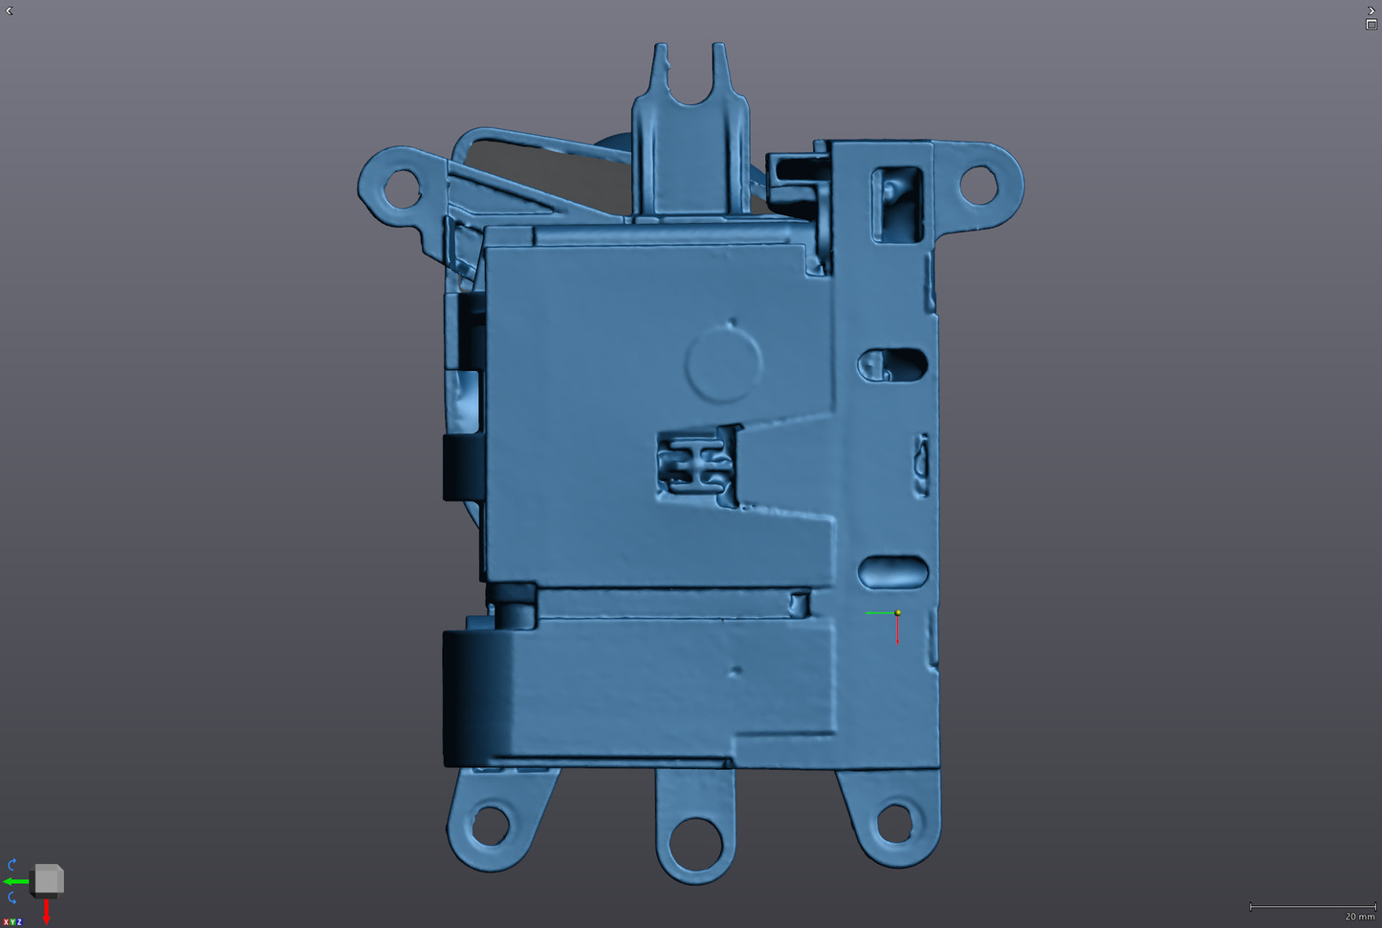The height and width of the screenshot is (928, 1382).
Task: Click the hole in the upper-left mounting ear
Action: [x=402, y=188]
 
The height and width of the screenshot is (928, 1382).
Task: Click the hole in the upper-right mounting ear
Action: [x=978, y=185]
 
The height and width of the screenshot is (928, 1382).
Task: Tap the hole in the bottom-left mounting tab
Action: [x=490, y=825]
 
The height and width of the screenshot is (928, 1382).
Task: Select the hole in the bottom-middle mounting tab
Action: [x=695, y=844]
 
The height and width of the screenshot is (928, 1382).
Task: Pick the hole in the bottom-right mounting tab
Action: [x=894, y=823]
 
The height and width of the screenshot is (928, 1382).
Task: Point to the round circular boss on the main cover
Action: [x=724, y=365]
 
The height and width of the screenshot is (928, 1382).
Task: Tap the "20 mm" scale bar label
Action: [x=1360, y=917]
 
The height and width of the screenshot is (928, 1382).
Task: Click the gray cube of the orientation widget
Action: [x=48, y=879]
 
